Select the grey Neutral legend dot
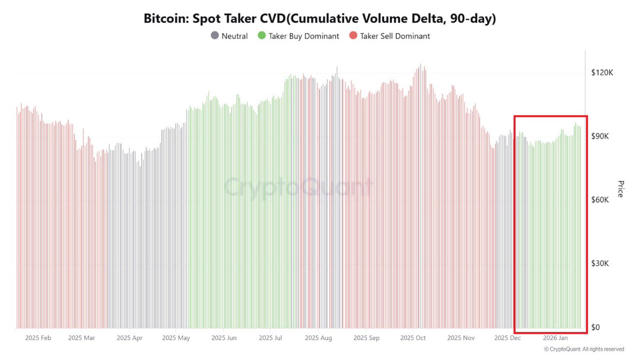[x=214, y=36]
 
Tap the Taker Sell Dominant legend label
[x=395, y=36]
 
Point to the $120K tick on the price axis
[x=603, y=72]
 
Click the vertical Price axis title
[x=620, y=188]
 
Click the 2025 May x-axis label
[x=175, y=338]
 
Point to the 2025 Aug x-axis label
[x=318, y=338]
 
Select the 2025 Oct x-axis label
[x=413, y=338]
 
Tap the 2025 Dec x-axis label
[x=508, y=338]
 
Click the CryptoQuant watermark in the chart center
[x=299, y=187]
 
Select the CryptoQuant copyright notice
[x=583, y=349]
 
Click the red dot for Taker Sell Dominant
[x=353, y=36]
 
